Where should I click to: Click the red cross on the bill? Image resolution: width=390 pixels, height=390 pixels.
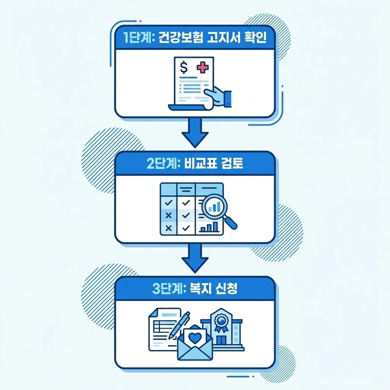click(x=203, y=69)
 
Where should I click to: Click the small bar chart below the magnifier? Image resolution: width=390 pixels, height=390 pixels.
click(x=209, y=227)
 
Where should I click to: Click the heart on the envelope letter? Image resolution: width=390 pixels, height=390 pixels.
click(x=195, y=337)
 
